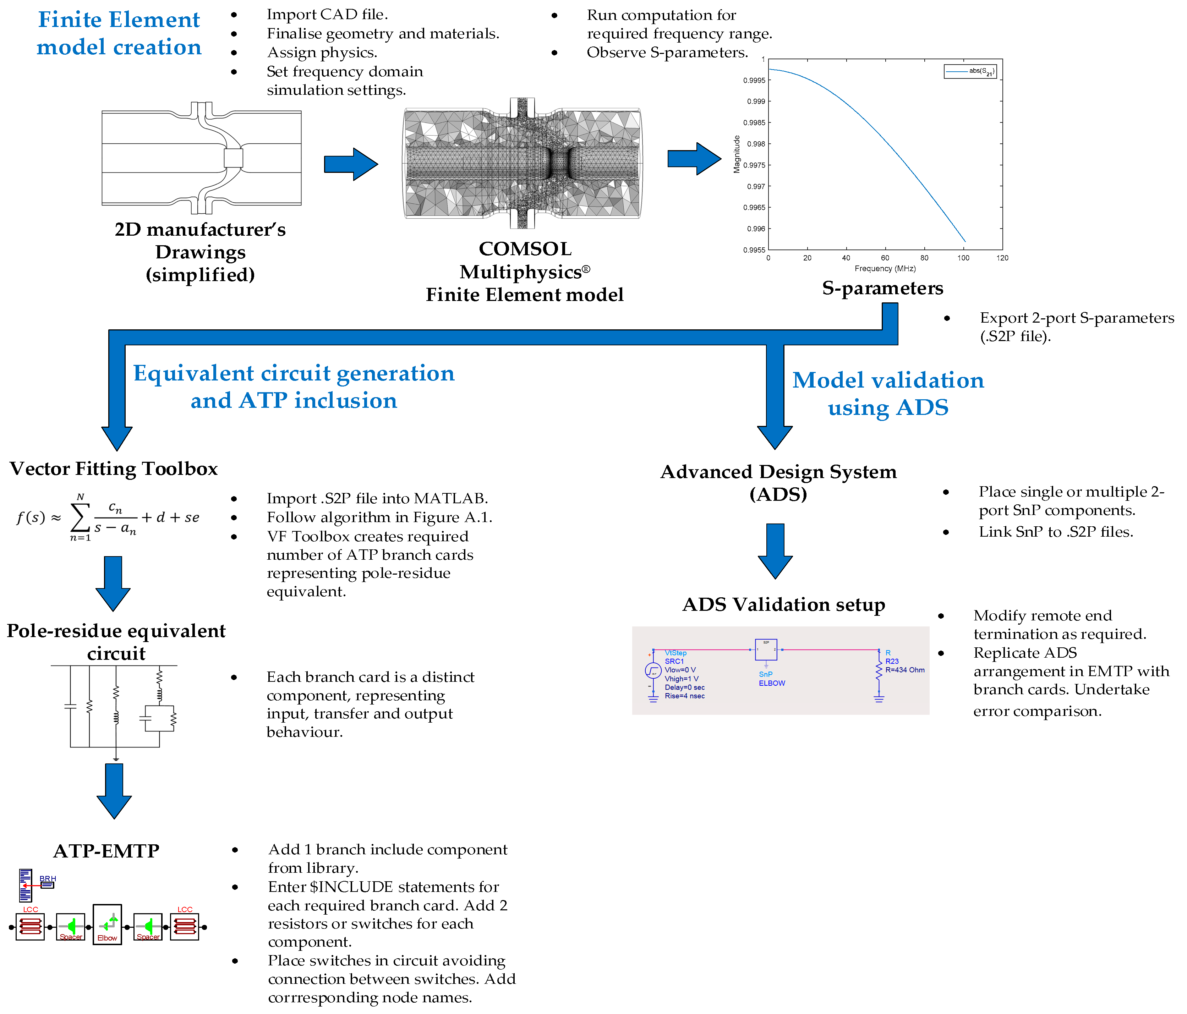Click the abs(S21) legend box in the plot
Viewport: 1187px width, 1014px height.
point(970,72)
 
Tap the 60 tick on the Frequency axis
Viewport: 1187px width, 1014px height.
point(885,258)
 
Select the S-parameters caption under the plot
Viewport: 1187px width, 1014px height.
point(882,287)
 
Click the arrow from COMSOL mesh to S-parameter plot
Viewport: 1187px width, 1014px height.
point(694,159)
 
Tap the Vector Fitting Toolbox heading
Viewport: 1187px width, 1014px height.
point(114,468)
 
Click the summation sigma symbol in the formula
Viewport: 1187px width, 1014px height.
point(80,517)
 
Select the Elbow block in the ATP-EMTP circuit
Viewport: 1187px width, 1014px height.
point(107,924)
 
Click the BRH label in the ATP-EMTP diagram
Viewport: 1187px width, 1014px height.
point(48,878)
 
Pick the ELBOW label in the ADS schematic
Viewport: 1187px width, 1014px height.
point(772,683)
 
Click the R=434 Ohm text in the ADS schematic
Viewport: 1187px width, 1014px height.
point(904,670)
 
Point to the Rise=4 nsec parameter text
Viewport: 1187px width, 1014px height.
point(685,696)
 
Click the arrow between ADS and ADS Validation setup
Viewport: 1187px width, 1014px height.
point(775,550)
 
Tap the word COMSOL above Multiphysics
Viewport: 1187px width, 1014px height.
point(525,249)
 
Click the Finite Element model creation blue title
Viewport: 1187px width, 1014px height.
point(119,33)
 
